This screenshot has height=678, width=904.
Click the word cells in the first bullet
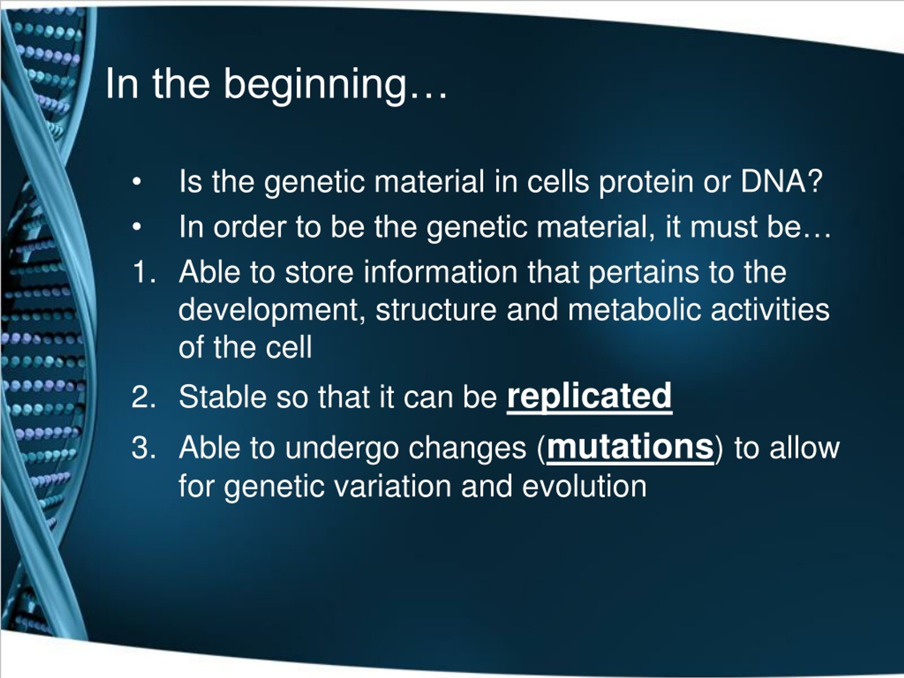click(x=558, y=181)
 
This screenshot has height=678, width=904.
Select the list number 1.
click(x=144, y=272)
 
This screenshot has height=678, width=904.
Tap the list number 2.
click(x=144, y=397)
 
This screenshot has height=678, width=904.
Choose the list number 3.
click(x=144, y=447)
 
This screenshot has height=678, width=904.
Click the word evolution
click(x=584, y=486)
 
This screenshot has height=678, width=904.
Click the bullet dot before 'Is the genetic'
click(x=137, y=182)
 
